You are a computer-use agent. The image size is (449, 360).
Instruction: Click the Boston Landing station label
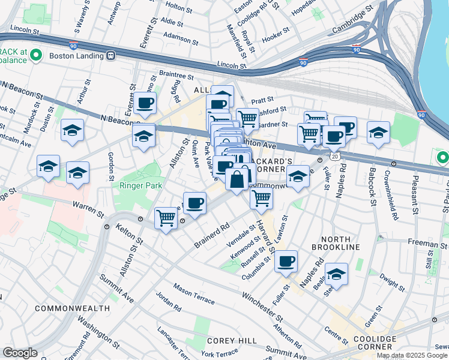click(76, 55)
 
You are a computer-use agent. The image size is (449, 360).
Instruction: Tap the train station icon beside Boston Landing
click(111, 55)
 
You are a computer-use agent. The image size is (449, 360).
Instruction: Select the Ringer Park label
click(140, 186)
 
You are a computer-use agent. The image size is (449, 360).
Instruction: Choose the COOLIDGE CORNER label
click(370, 343)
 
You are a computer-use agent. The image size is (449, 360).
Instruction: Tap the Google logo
click(20, 353)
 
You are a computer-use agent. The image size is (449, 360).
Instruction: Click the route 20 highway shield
click(334, 156)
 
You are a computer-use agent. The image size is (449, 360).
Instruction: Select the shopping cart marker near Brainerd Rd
click(166, 218)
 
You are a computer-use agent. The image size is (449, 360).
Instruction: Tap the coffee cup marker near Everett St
click(145, 104)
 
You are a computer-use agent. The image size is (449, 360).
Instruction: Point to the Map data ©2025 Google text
click(412, 355)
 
